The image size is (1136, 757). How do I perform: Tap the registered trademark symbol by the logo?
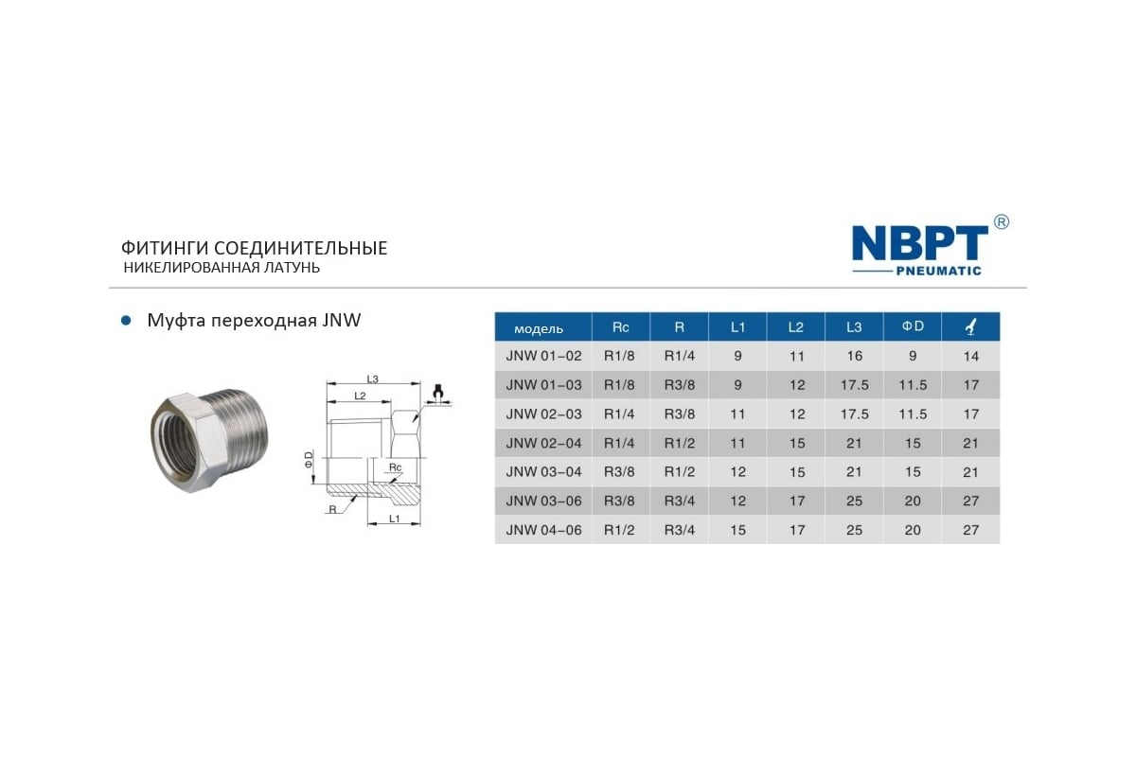pyautogui.click(x=1001, y=222)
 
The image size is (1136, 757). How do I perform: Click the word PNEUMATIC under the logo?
pyautogui.click(x=937, y=271)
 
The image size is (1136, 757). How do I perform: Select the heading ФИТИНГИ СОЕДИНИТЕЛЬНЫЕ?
pyautogui.click(x=254, y=248)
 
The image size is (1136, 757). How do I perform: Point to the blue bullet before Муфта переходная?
pyautogui.click(x=124, y=321)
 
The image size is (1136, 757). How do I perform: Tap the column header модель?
pyautogui.click(x=539, y=328)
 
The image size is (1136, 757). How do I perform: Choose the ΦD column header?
pyautogui.click(x=912, y=327)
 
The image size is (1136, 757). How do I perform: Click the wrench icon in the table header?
pyautogui.click(x=969, y=327)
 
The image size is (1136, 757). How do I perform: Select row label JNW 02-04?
pyautogui.click(x=543, y=443)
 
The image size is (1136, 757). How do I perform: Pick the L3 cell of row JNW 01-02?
pyautogui.click(x=854, y=356)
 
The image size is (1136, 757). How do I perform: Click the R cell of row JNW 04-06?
pyautogui.click(x=679, y=530)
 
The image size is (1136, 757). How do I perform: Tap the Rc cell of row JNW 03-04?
pyautogui.click(x=620, y=471)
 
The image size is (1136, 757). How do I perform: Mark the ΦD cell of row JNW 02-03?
pyautogui.click(x=912, y=414)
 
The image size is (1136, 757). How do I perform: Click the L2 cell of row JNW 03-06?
pyautogui.click(x=796, y=501)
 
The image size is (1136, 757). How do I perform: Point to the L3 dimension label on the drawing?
pyautogui.click(x=372, y=378)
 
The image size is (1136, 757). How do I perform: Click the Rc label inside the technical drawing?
pyautogui.click(x=396, y=467)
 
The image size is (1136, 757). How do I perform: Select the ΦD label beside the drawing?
pyautogui.click(x=308, y=461)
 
